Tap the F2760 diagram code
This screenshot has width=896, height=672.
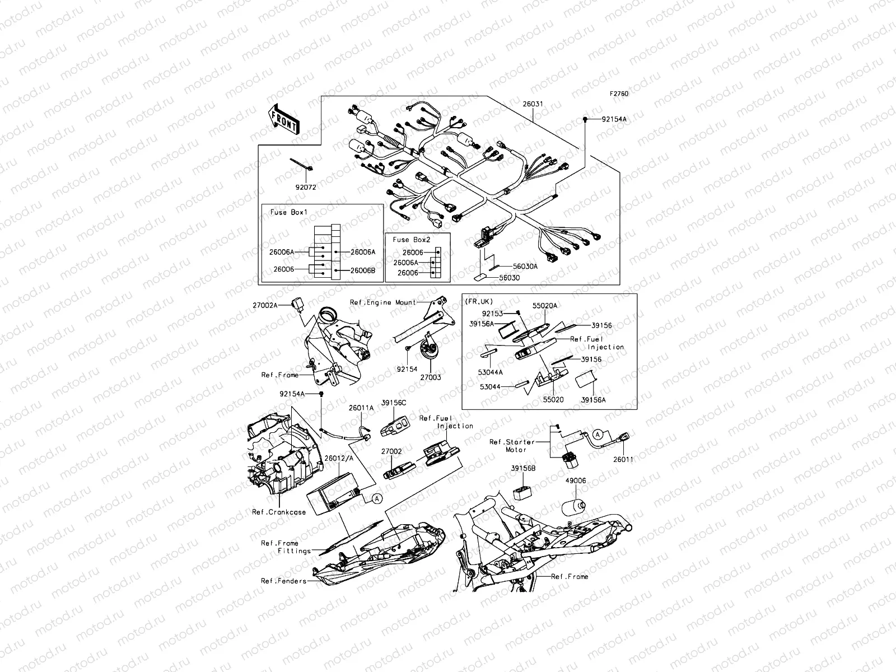pos(619,94)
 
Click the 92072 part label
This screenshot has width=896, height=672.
pos(305,188)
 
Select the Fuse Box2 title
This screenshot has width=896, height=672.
pos(412,239)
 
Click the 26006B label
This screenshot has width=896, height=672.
pos(363,270)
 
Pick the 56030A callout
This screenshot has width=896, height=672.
pos(526,267)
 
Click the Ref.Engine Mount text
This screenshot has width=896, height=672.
pos(383,302)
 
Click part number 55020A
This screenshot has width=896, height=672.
pos(545,306)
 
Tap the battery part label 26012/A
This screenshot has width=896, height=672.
pos(339,458)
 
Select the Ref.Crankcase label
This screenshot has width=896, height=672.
pos(279,512)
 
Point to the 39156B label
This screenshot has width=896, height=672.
pos(523,468)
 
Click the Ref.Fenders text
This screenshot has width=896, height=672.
pos(283,581)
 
